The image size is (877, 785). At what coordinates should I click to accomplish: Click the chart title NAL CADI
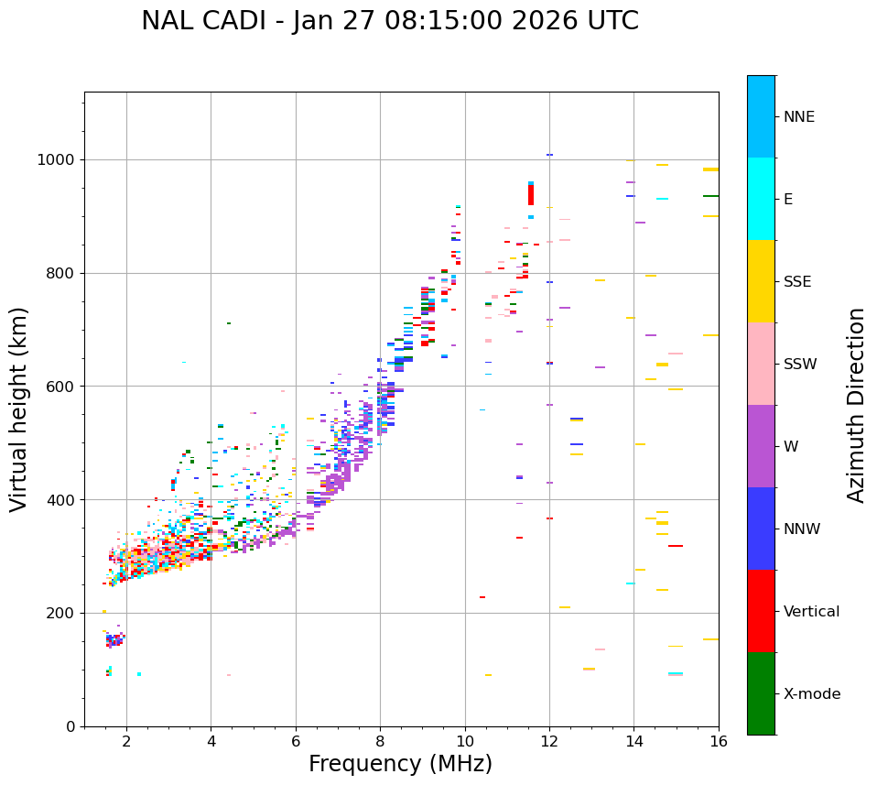[x=390, y=21]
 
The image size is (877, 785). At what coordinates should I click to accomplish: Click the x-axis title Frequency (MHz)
[x=400, y=764]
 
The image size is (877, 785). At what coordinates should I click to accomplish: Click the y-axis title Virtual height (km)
[x=19, y=409]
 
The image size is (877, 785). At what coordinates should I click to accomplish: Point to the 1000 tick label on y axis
[x=58, y=160]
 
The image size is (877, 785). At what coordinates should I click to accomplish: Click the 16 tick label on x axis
[x=719, y=741]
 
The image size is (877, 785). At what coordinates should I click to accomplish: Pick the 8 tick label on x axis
[x=380, y=741]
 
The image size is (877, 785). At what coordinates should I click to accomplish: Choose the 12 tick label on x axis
[x=549, y=741]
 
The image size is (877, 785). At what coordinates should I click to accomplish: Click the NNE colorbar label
[x=798, y=117]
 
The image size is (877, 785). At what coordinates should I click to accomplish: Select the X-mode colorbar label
[x=811, y=694]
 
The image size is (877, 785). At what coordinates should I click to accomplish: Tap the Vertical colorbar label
[x=811, y=612]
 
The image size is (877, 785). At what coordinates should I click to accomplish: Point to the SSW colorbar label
[x=800, y=365]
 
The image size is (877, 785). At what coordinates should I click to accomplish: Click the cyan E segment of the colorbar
[x=761, y=199]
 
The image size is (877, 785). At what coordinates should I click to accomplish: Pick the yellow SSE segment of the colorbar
[x=761, y=281]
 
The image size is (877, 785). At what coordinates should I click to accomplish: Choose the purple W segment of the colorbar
[x=761, y=446]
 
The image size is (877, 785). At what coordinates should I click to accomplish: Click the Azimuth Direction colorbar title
[x=857, y=405]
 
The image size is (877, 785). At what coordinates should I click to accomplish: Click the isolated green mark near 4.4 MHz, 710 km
[x=229, y=323]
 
